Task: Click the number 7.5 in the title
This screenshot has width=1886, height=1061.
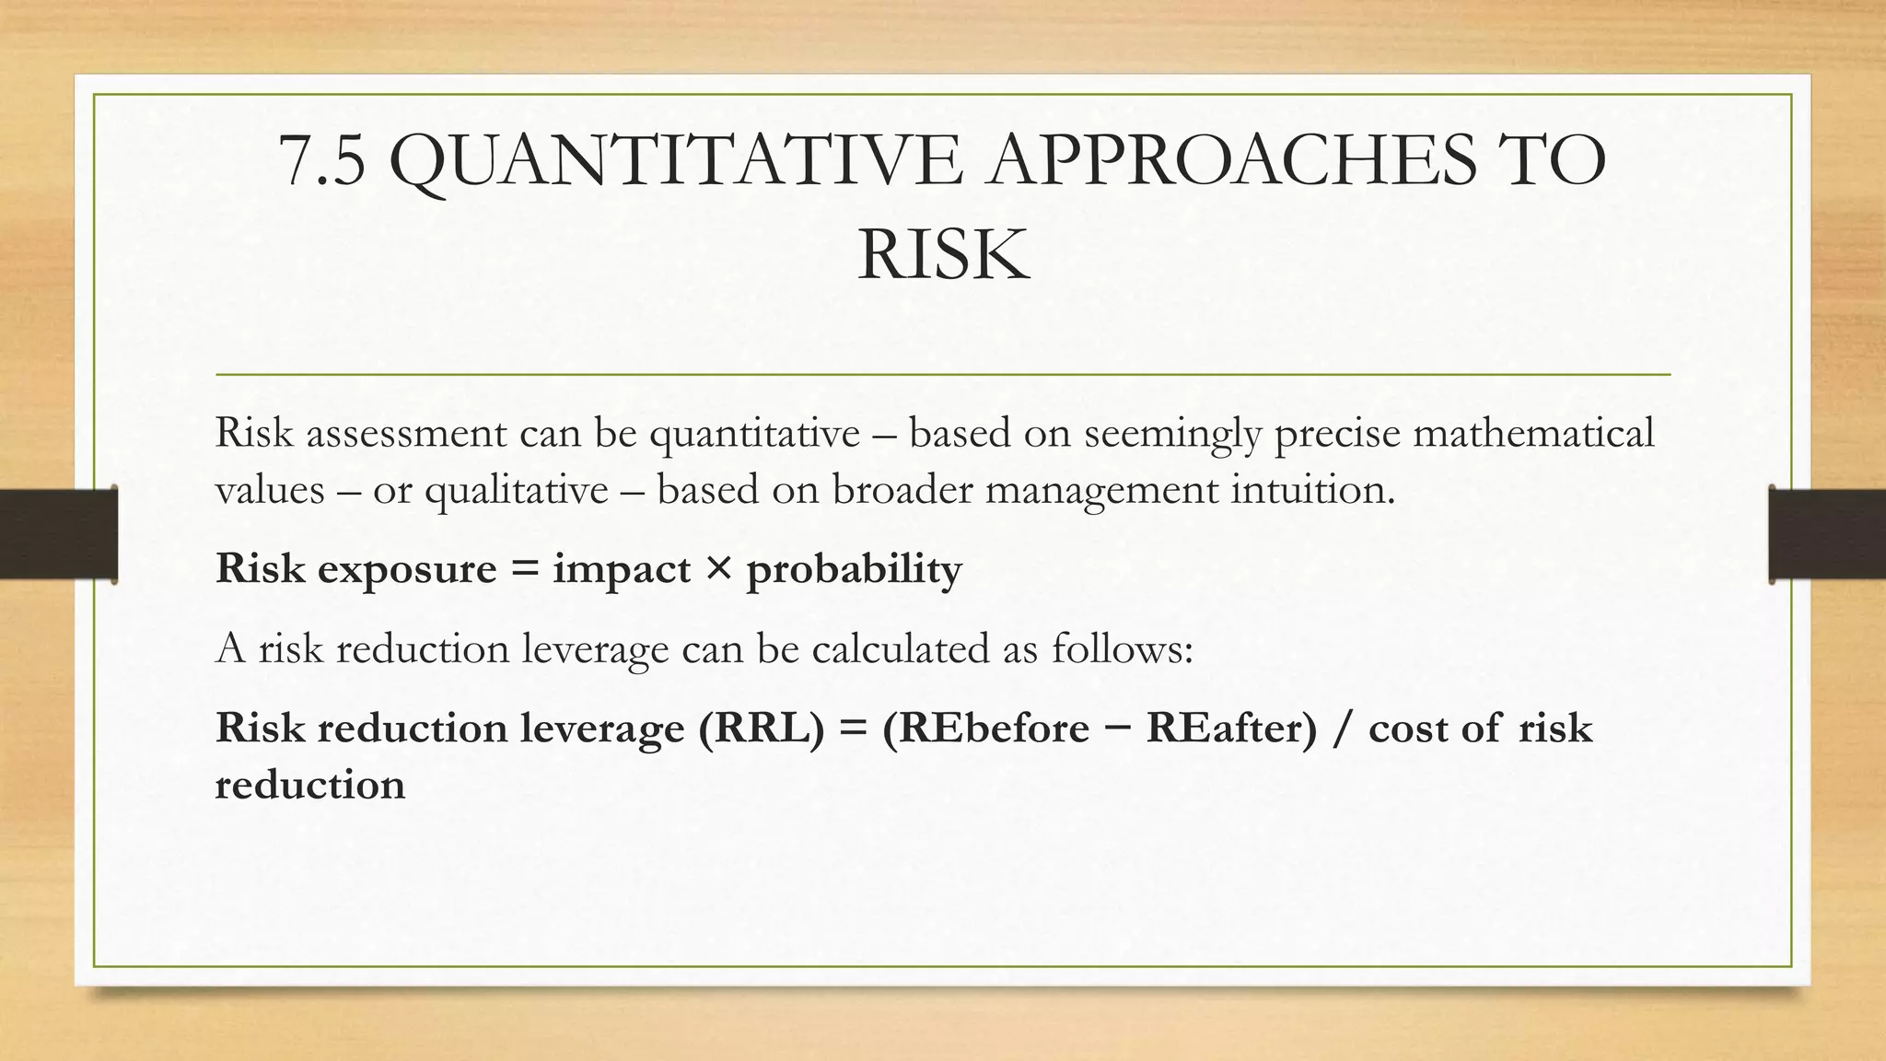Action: (x=322, y=161)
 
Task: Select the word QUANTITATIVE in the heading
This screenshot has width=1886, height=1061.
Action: (x=677, y=161)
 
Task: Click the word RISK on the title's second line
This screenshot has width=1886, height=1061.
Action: (x=943, y=255)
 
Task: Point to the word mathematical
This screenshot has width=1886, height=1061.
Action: (x=1532, y=433)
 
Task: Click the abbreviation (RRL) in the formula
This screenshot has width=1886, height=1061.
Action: (x=762, y=729)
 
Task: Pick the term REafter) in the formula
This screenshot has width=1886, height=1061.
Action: (x=1232, y=729)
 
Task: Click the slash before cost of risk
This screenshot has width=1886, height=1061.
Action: (x=1343, y=729)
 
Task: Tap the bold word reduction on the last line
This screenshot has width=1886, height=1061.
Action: (x=309, y=786)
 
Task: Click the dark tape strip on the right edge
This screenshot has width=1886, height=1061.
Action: (x=1826, y=534)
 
